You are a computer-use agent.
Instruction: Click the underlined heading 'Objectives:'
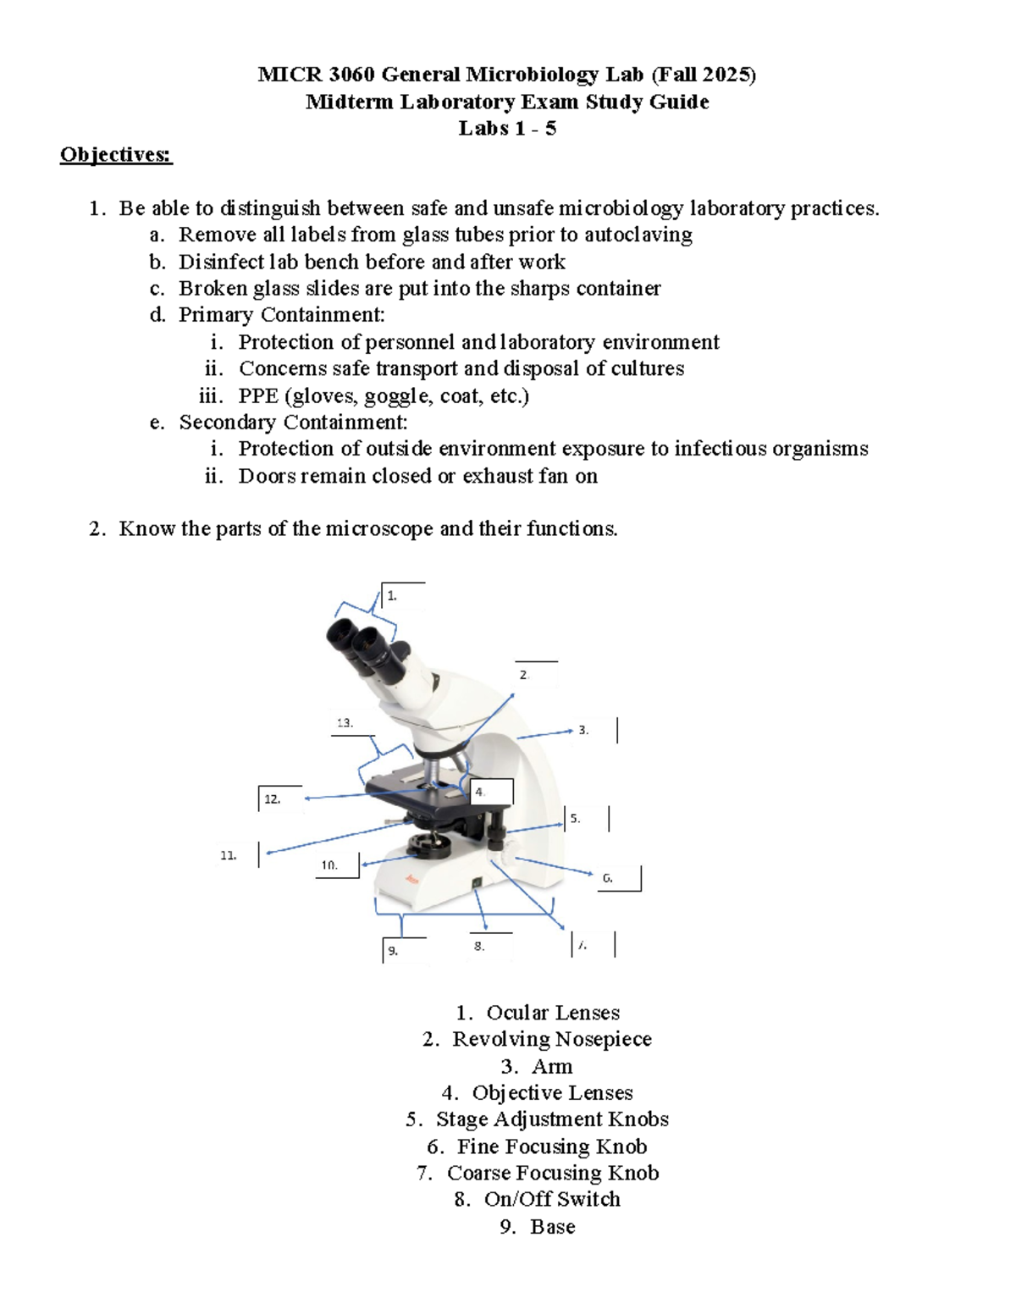[x=115, y=155]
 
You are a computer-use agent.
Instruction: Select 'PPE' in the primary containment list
[x=258, y=395]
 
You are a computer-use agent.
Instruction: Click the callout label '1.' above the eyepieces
[x=392, y=595]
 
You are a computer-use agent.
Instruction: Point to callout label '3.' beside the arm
[x=583, y=729]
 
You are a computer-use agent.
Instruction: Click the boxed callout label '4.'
[x=480, y=792]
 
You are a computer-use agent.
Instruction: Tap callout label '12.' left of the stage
[x=271, y=798]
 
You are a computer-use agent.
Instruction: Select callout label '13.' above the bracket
[x=345, y=722]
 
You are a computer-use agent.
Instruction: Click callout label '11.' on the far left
[x=228, y=855]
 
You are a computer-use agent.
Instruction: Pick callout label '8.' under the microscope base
[x=479, y=946]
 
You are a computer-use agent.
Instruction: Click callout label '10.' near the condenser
[x=329, y=865]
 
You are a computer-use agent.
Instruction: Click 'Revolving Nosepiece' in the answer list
[x=551, y=1039]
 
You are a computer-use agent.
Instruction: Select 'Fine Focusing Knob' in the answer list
[x=551, y=1146]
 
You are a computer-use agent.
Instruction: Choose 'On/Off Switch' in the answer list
[x=551, y=1199]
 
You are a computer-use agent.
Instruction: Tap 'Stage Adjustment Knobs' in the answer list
[x=551, y=1119]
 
